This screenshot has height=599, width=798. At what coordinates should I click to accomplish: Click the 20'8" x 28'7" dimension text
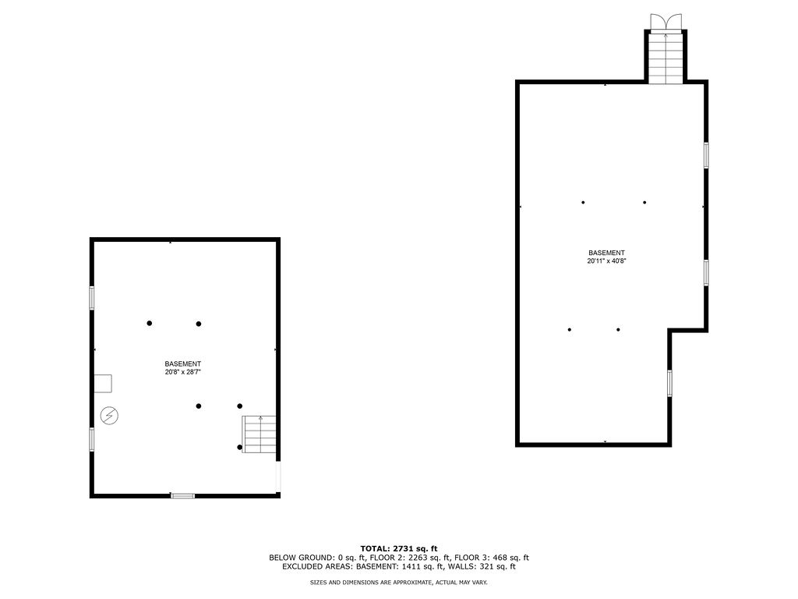[183, 372]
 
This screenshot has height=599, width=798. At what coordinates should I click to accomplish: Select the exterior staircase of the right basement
[666, 58]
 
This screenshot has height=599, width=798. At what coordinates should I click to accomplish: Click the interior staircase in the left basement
[260, 434]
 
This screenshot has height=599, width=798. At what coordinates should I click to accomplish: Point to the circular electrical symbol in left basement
[110, 415]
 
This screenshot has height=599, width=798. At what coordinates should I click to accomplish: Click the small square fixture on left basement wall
[103, 382]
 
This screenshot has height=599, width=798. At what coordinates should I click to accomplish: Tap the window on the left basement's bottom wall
[183, 495]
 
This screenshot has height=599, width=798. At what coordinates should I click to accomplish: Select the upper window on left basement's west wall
[92, 298]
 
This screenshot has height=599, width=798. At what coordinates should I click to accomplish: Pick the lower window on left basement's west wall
[92, 438]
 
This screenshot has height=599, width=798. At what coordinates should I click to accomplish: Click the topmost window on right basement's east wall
[706, 154]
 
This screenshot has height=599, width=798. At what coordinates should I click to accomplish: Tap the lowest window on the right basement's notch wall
[669, 383]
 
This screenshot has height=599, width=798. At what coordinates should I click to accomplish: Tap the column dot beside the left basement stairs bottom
[239, 447]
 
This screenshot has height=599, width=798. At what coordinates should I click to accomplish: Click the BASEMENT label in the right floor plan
[606, 253]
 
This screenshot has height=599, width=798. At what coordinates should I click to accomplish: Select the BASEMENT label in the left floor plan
[183, 364]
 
